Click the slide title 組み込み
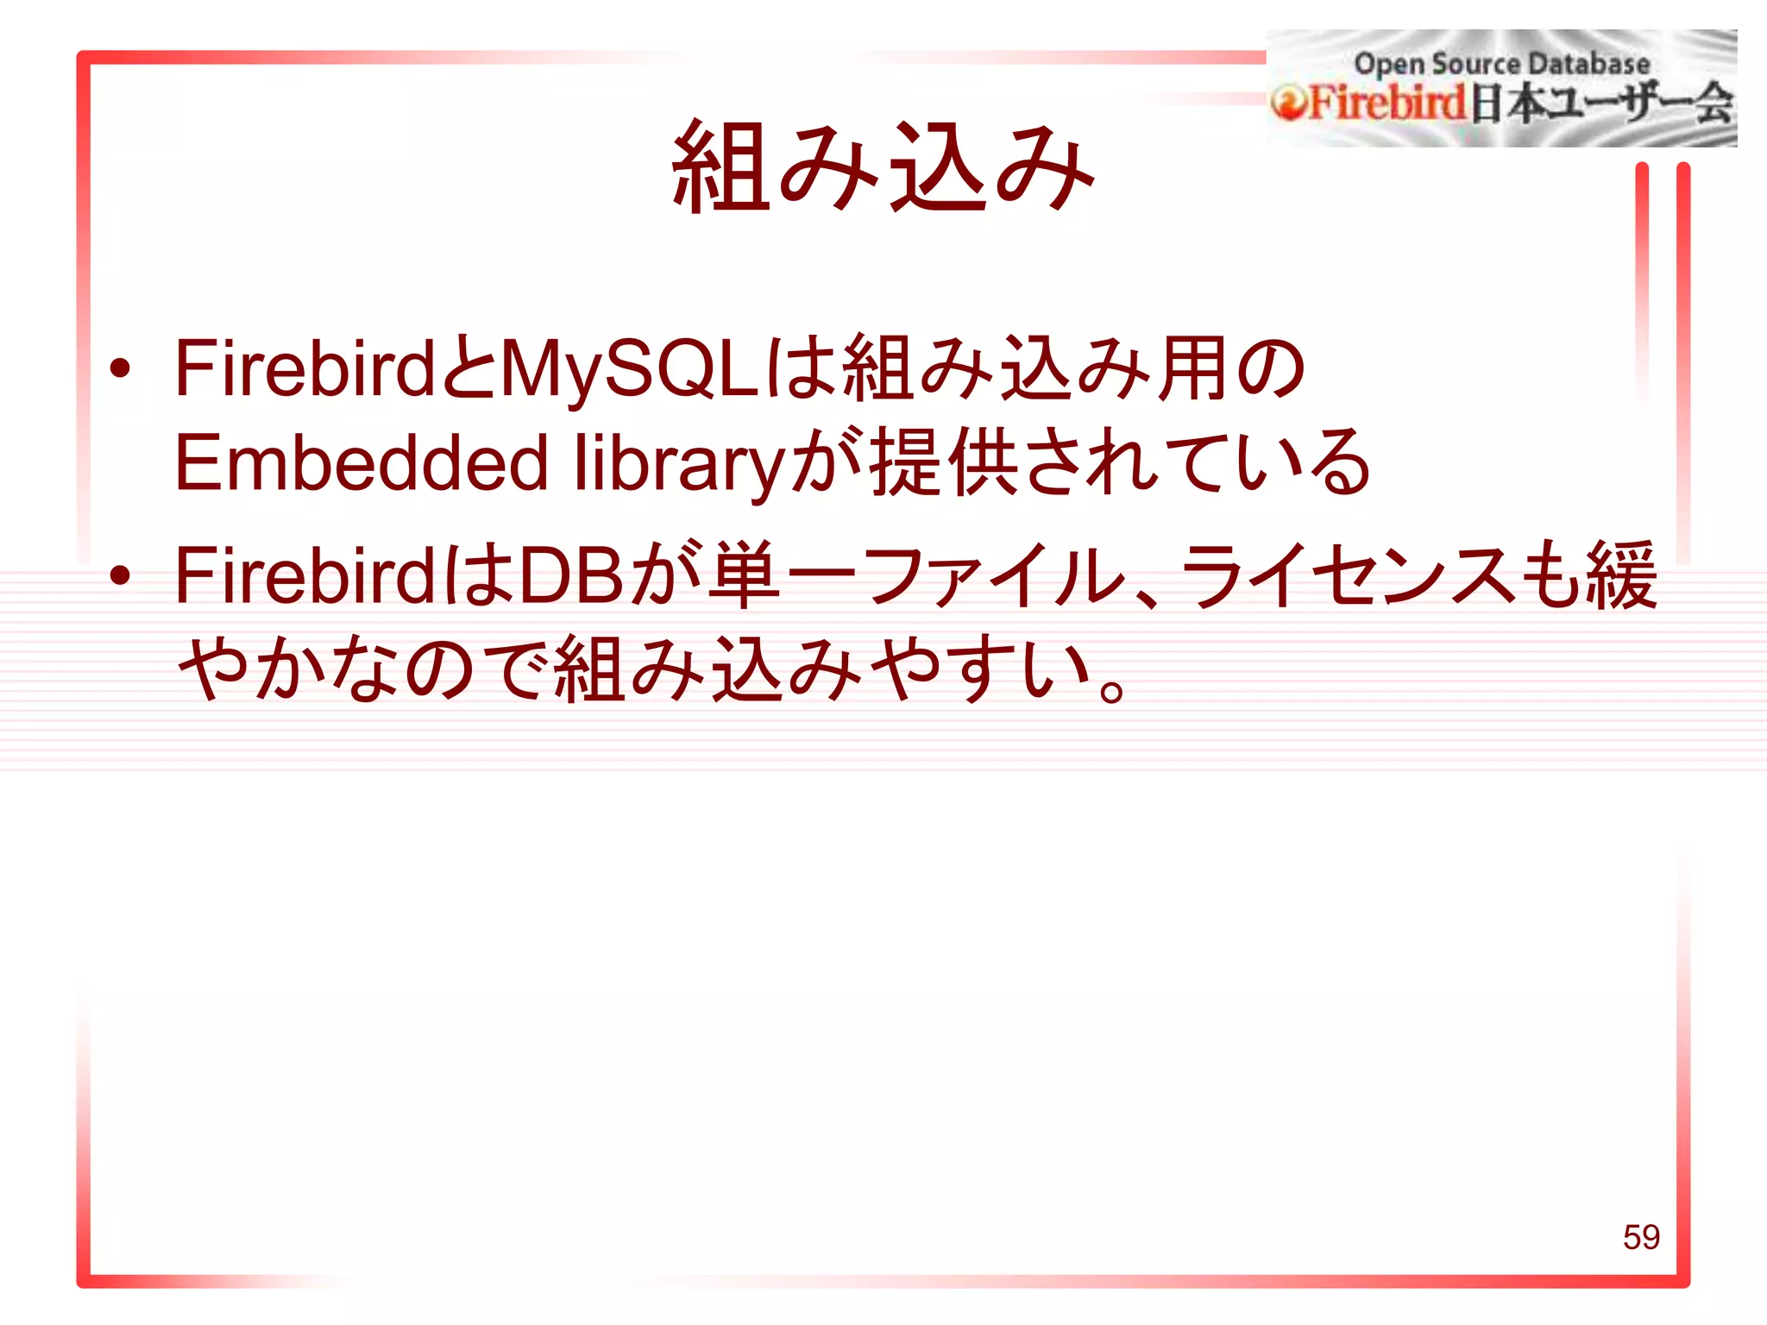(883, 166)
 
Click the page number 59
(1640, 1237)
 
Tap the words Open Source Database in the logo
(1501, 64)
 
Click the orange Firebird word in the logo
(1388, 104)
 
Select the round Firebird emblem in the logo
(1288, 104)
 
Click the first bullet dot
(120, 369)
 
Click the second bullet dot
(120, 575)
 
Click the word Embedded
(362, 463)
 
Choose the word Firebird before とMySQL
(305, 369)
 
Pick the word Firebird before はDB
(305, 575)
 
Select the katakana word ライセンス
(1346, 575)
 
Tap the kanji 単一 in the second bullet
(780, 575)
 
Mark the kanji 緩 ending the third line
(1620, 575)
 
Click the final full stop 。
(1113, 690)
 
